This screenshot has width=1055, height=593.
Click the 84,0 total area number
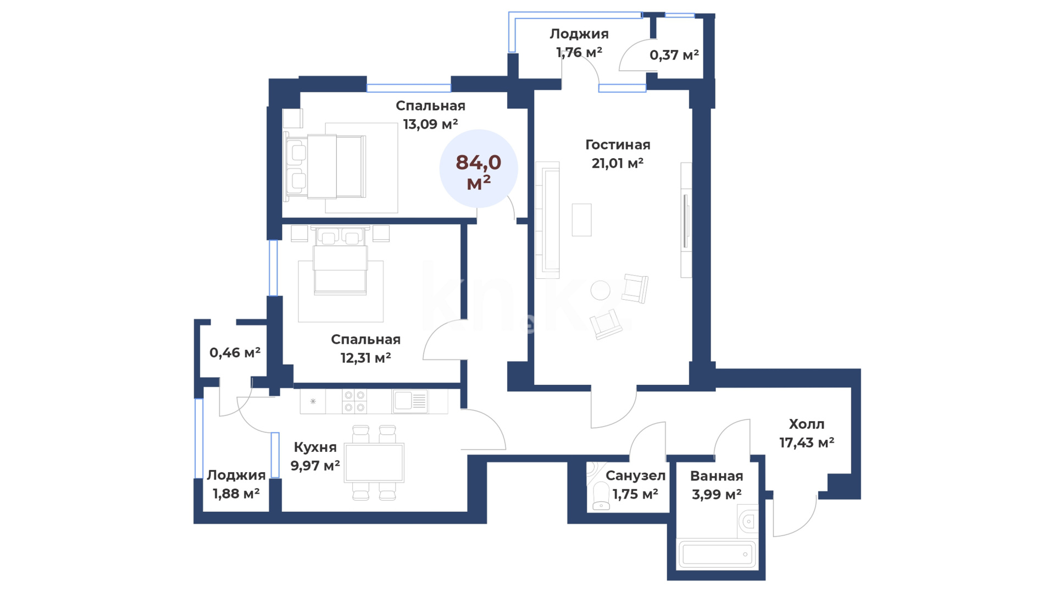(x=478, y=163)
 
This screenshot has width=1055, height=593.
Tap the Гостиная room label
(x=618, y=145)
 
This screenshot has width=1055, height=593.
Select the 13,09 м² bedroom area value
(x=430, y=124)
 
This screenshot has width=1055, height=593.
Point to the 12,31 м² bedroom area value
(x=365, y=358)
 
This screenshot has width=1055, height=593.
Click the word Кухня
(x=315, y=447)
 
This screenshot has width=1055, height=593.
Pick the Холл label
(x=807, y=424)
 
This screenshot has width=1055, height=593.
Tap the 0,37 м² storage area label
(x=674, y=55)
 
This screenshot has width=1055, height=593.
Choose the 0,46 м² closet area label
(x=235, y=353)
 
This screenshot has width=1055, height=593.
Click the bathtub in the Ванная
(x=717, y=554)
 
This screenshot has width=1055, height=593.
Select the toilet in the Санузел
(x=601, y=496)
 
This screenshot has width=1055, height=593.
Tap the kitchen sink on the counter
(x=409, y=401)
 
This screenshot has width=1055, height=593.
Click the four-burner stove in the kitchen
(x=354, y=401)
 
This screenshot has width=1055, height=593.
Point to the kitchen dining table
(x=374, y=463)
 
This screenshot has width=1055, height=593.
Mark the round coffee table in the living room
(x=600, y=290)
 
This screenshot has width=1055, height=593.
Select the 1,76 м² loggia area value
(x=579, y=52)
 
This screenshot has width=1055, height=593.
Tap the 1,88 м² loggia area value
(x=236, y=494)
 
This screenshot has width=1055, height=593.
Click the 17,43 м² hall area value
(x=807, y=443)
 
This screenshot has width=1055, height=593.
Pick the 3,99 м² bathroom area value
(x=717, y=495)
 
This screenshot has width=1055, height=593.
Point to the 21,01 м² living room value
(x=618, y=163)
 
